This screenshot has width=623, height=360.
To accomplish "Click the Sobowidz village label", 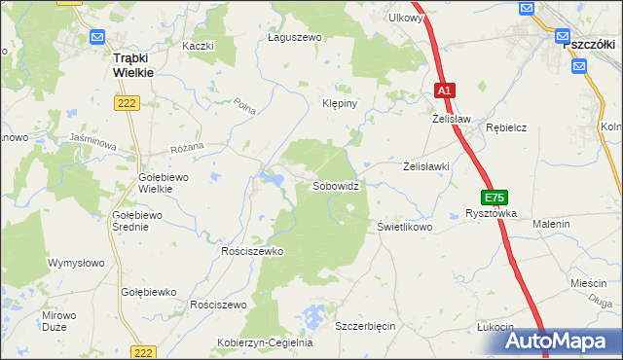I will [340, 185].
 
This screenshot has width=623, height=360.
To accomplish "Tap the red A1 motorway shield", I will [444, 90].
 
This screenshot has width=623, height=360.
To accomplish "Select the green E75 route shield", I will [495, 197].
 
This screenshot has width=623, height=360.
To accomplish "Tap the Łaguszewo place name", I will [294, 37].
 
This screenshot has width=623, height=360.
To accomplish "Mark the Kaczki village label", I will [198, 46].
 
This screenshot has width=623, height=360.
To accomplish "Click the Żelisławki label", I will [426, 166].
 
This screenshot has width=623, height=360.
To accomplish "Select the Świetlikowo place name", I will [404, 227].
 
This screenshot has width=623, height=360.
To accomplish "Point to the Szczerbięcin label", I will [365, 326].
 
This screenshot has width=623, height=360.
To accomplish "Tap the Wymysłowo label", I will [76, 263].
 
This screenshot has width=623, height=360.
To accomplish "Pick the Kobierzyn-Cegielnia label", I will [264, 342].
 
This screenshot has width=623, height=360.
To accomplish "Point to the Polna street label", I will [245, 108].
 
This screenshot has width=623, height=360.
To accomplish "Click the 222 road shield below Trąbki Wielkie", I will [128, 104].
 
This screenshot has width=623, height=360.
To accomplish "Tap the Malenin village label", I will [550, 224].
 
